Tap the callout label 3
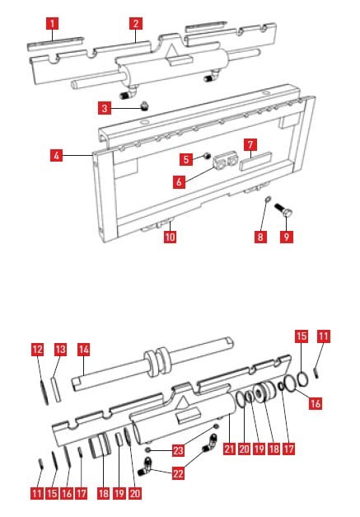coord(105,107)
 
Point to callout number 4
coord(55,155)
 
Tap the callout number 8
coord(260,236)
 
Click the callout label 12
coord(37,349)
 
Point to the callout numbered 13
coord(59,349)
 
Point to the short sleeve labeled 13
coord(55,384)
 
